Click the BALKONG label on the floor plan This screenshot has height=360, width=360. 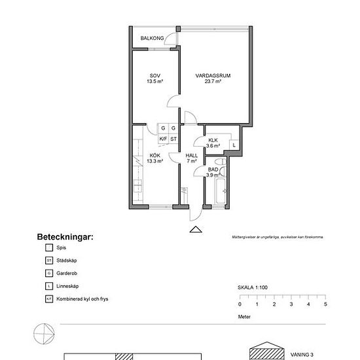[152, 39]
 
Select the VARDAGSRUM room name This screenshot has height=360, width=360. [213, 76]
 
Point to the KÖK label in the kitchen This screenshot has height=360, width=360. [154, 155]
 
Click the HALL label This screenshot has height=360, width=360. [192, 155]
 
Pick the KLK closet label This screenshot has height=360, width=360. [213, 141]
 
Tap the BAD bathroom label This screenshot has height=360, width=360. [213, 170]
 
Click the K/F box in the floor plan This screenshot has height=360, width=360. [163, 139]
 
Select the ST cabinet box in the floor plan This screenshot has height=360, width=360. [173, 139]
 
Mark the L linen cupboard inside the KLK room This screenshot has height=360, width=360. [233, 145]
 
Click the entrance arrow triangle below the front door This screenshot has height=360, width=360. [194, 229]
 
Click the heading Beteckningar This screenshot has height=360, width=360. [65, 236]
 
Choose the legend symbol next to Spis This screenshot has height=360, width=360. [48, 248]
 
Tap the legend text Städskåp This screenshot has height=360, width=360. [69, 261]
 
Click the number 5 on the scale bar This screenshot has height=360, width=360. [325, 304]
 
